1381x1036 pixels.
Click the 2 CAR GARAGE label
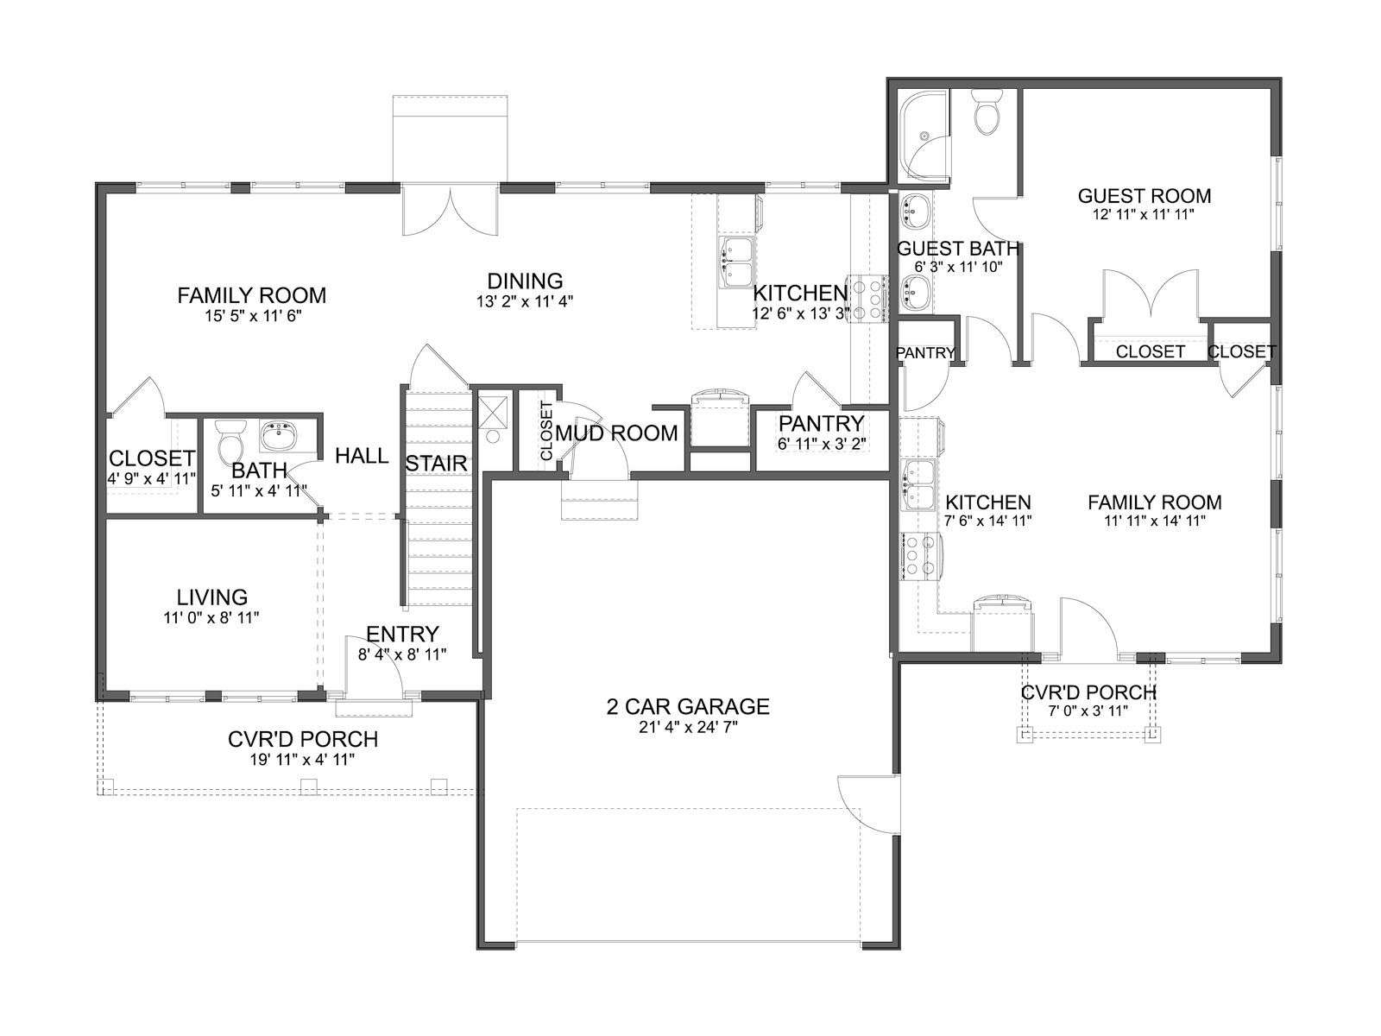(x=688, y=706)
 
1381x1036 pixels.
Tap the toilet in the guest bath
(x=986, y=111)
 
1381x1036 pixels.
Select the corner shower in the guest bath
(x=924, y=137)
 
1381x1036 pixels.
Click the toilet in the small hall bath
(x=229, y=441)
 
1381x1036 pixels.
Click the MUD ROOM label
(x=616, y=433)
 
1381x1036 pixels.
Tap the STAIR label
(x=436, y=464)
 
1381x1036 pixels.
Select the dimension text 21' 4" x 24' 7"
(x=688, y=727)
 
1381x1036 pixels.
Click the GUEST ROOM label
(x=1144, y=196)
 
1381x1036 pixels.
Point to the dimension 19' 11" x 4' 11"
(x=303, y=759)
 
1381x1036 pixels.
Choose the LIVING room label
(x=212, y=597)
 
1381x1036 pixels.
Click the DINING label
(x=525, y=281)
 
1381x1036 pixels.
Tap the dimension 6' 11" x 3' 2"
(x=822, y=444)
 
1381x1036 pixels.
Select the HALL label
(x=361, y=456)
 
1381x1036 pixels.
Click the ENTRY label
(x=402, y=634)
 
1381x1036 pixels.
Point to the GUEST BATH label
(x=957, y=249)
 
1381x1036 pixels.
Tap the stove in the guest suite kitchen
(x=920, y=555)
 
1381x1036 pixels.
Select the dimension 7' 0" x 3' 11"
(x=1088, y=711)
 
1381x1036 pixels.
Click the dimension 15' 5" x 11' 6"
(x=254, y=315)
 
